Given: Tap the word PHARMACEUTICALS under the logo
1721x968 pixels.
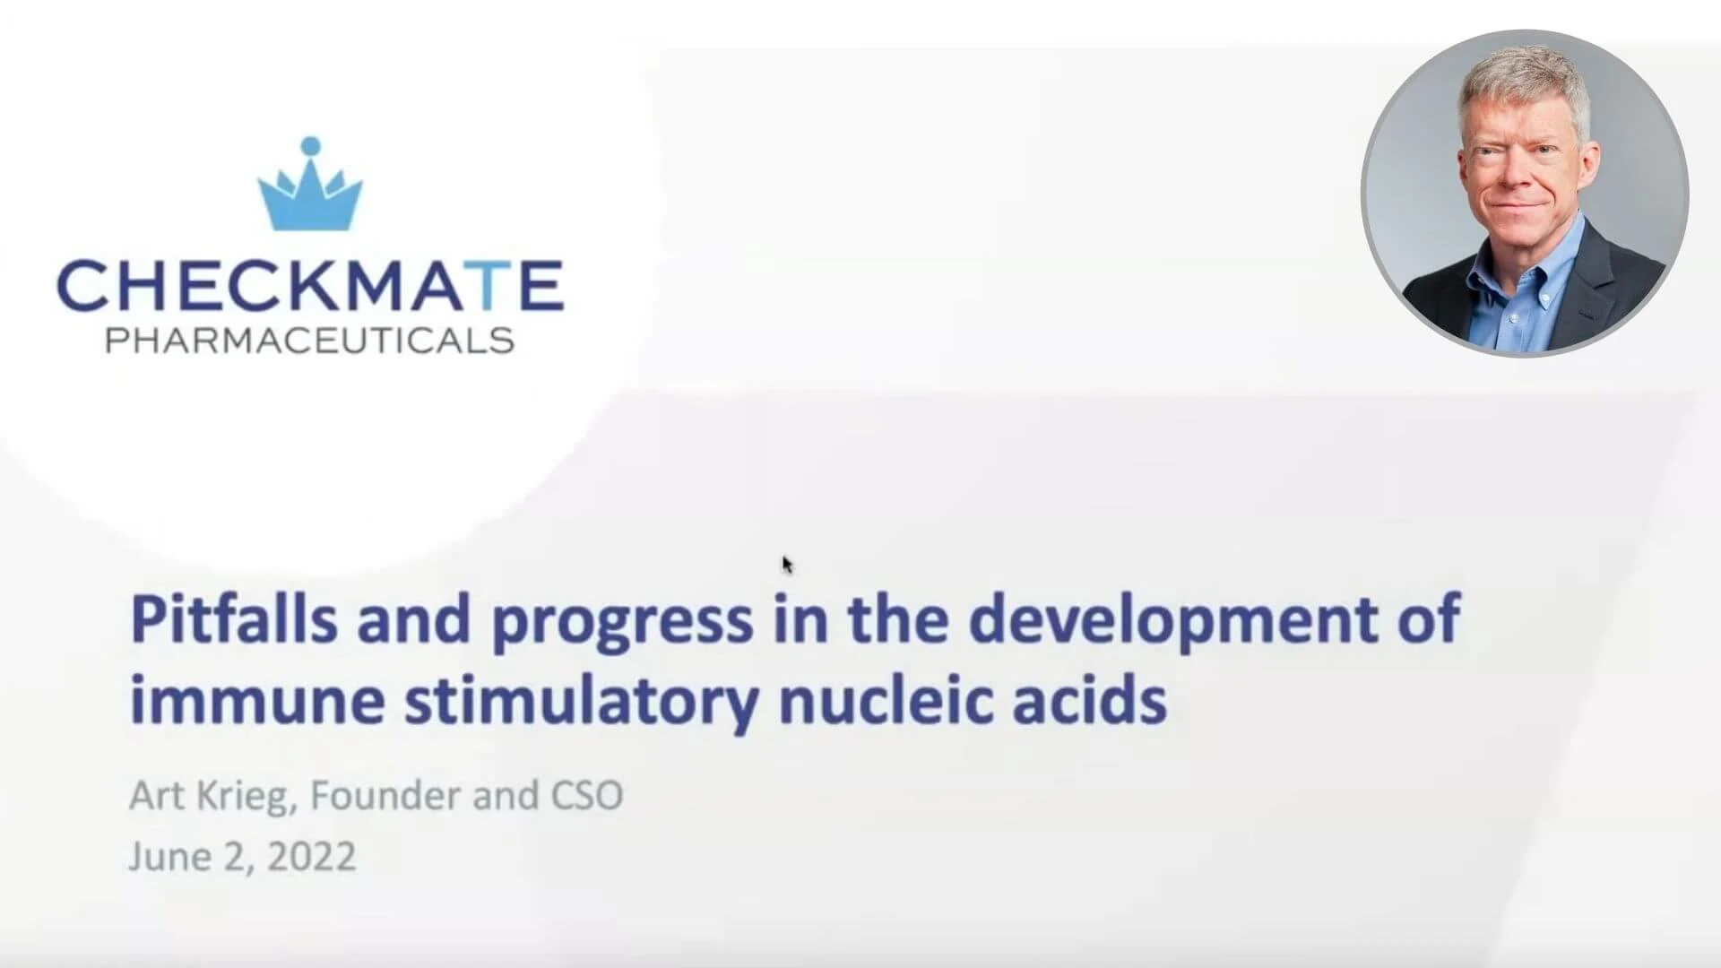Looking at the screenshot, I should click(310, 341).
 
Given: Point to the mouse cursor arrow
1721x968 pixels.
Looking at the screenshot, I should click(786, 564).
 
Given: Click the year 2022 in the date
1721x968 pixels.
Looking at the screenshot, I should click(311, 856).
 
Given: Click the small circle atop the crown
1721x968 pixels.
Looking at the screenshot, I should click(310, 145).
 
